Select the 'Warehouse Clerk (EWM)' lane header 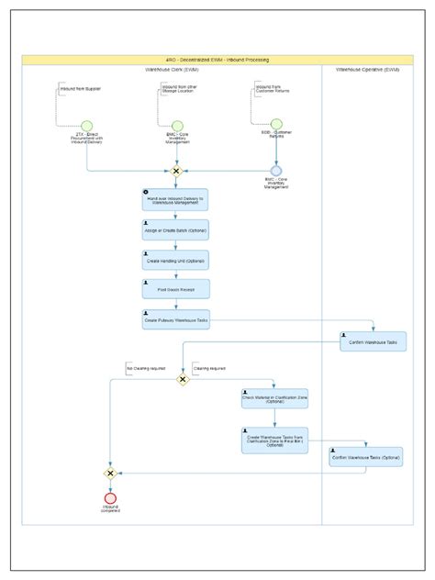pyautogui.click(x=172, y=70)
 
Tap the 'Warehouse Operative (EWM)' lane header pyautogui.click(x=367, y=70)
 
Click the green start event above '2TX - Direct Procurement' pyautogui.click(x=87, y=126)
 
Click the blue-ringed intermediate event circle pyautogui.click(x=275, y=171)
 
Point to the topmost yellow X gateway pyautogui.click(x=176, y=171)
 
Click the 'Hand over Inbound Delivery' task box pyautogui.click(x=175, y=200)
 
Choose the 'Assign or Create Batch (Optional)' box pyautogui.click(x=175, y=229)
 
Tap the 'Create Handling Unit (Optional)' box pyautogui.click(x=175, y=260)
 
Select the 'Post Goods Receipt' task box pyautogui.click(x=175, y=289)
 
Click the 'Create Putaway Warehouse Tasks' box pyautogui.click(x=175, y=319)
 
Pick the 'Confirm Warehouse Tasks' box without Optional pyautogui.click(x=373, y=341)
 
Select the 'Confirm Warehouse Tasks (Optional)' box pyautogui.click(x=365, y=456)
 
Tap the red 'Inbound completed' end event pyautogui.click(x=110, y=498)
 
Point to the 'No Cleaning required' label pyautogui.click(x=145, y=369)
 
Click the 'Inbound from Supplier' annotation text pyautogui.click(x=81, y=89)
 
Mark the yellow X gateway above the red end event pyautogui.click(x=110, y=473)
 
